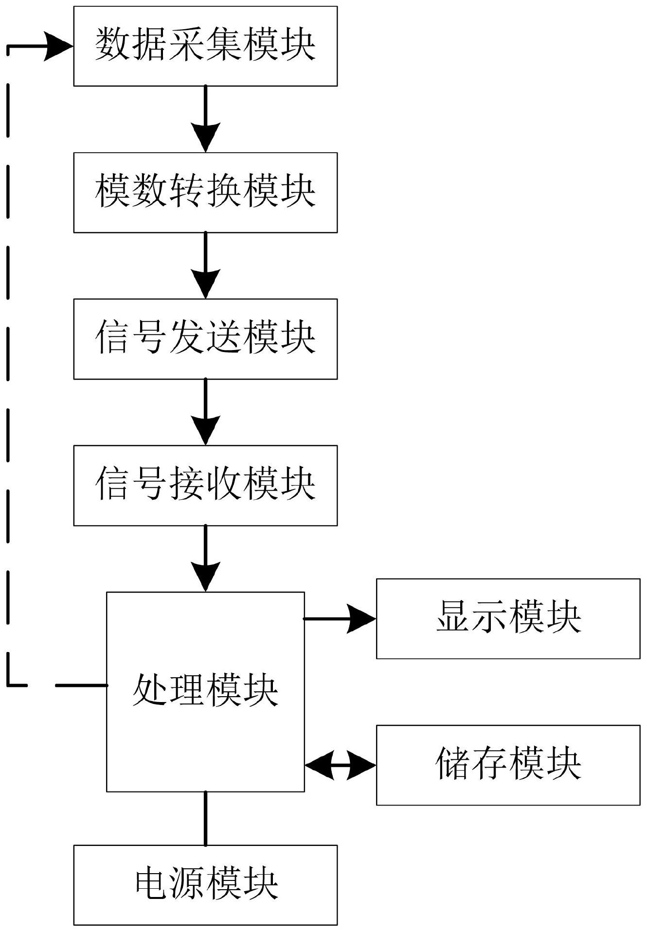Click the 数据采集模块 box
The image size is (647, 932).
[205, 46]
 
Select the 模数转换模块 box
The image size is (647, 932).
[205, 193]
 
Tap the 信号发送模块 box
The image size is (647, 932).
[205, 339]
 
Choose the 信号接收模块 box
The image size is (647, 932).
[205, 485]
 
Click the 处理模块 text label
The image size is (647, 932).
[205, 690]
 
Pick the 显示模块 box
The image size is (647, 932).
[508, 618]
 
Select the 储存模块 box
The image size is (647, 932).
[508, 765]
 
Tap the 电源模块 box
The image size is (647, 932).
[205, 885]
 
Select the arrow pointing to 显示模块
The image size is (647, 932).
[360, 618]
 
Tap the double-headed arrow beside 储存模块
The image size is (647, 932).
[341, 765]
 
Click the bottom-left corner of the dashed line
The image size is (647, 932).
[8, 685]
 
